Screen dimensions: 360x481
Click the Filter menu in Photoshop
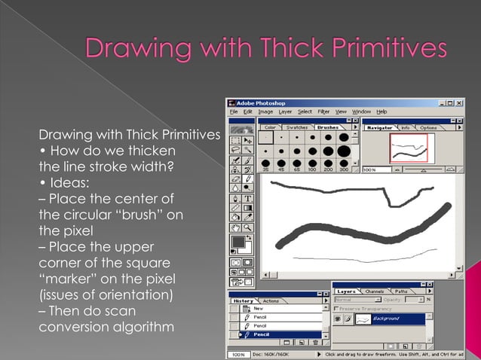[x=325, y=111]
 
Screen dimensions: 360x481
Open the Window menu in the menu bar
[x=362, y=111]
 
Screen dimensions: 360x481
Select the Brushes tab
[x=327, y=127]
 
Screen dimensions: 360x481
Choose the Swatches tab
[x=297, y=127]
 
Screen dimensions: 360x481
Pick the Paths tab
[x=401, y=291]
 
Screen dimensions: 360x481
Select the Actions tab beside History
[x=271, y=301]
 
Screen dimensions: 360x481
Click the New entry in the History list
[x=259, y=308]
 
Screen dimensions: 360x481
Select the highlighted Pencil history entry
[x=262, y=334]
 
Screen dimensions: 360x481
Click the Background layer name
[x=386, y=319]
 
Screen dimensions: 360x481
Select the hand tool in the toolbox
[x=236, y=227]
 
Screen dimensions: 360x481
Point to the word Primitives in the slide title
[x=384, y=50]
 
